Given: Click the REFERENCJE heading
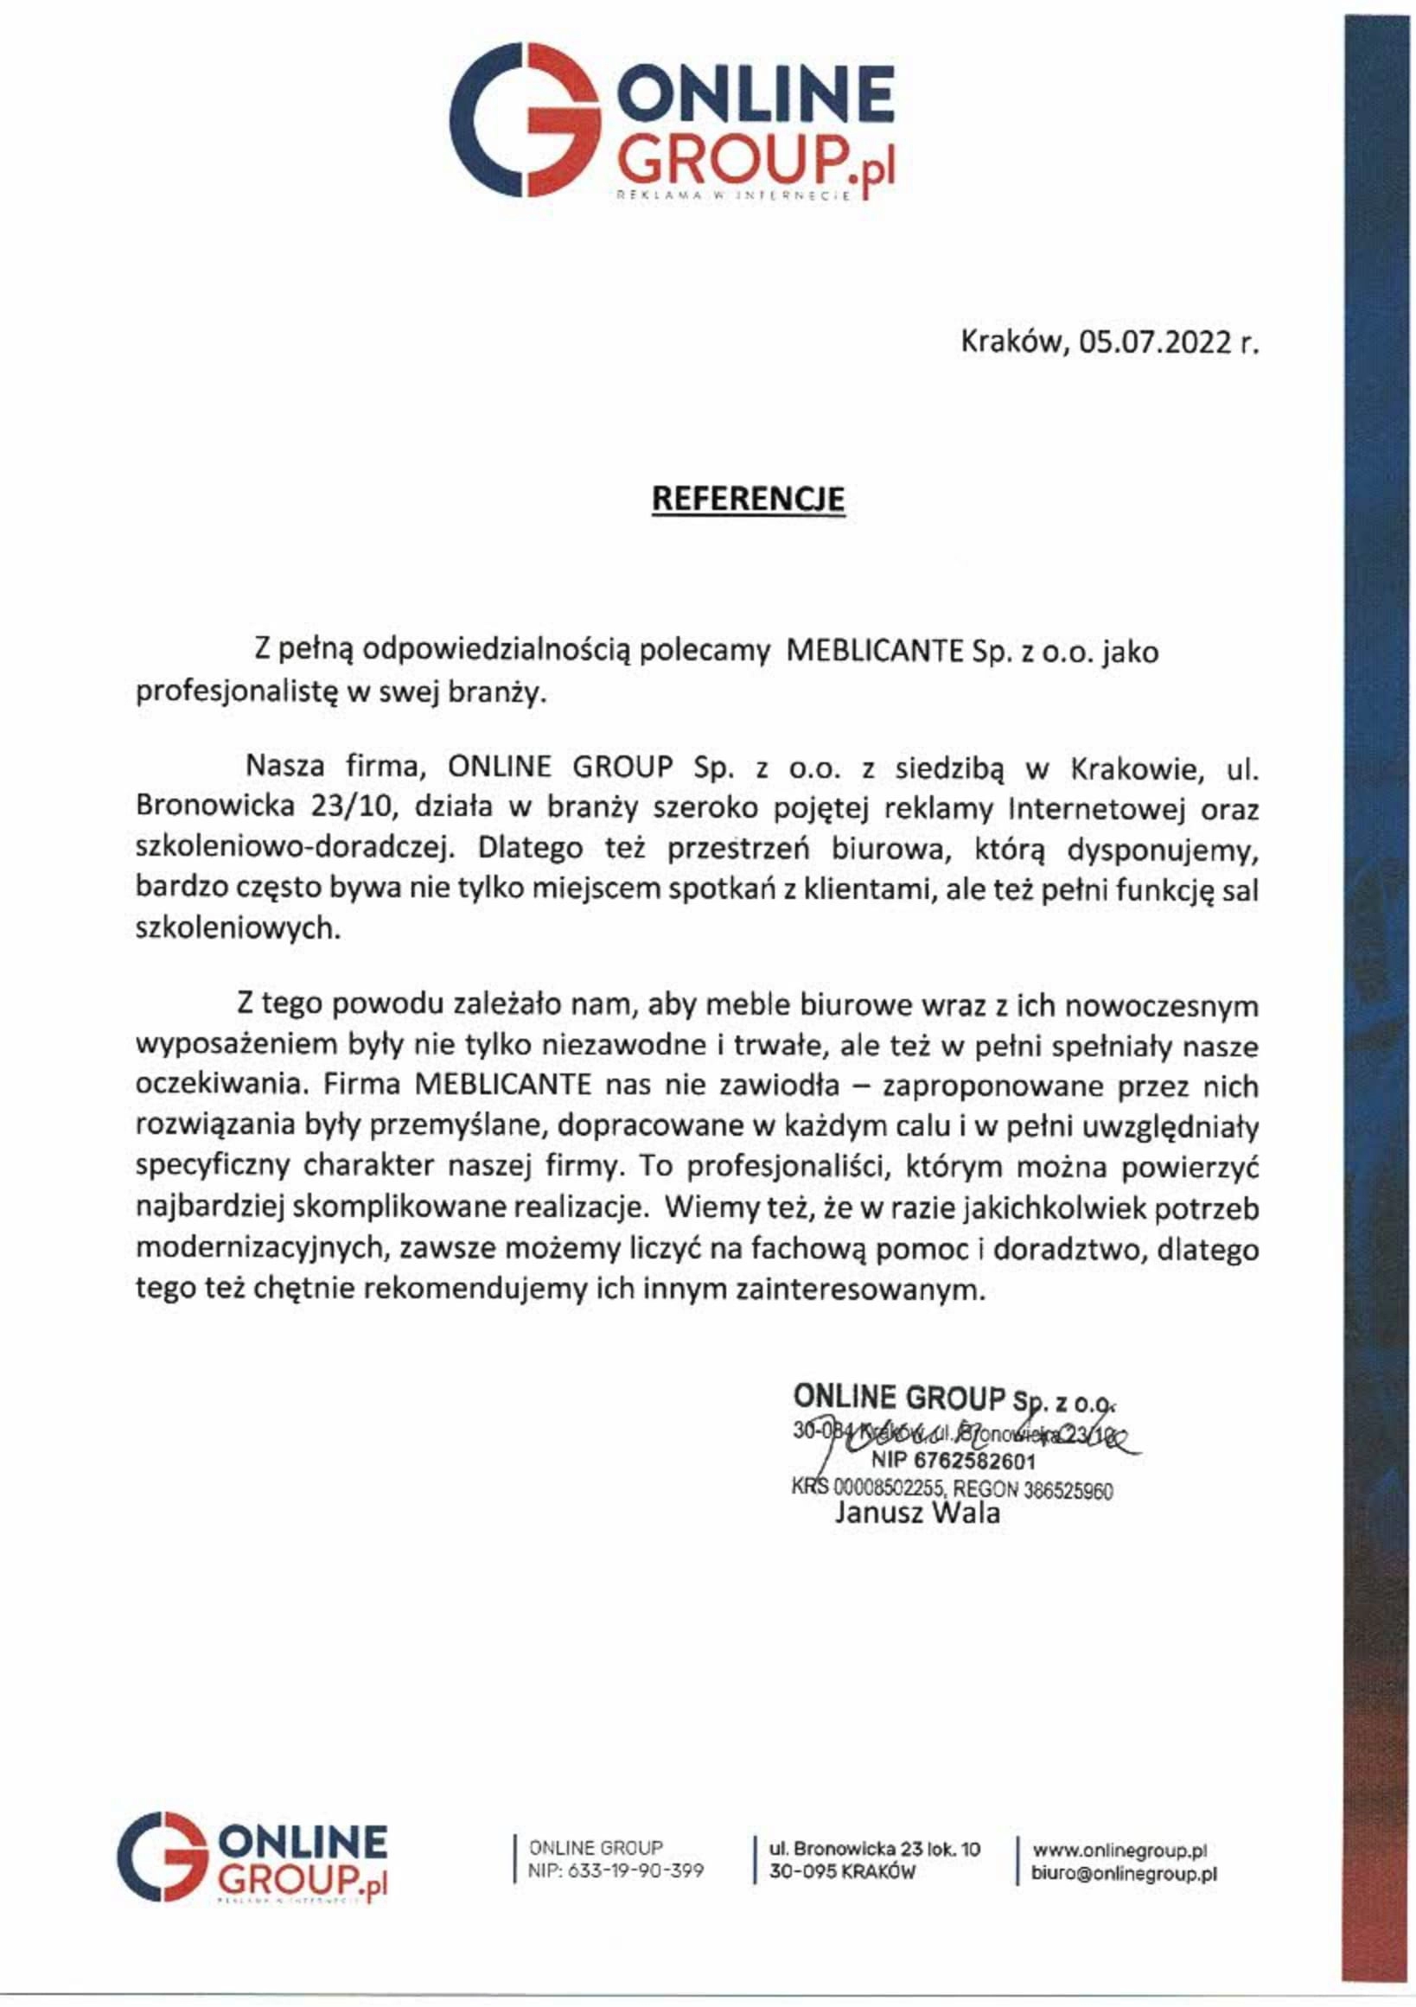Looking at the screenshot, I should (x=749, y=498).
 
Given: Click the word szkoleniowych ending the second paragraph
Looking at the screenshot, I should (x=236, y=929).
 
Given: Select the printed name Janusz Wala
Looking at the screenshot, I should (x=916, y=1513).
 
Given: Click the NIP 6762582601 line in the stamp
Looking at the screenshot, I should (x=953, y=1462).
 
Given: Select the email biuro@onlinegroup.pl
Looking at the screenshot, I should (x=1124, y=1873).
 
